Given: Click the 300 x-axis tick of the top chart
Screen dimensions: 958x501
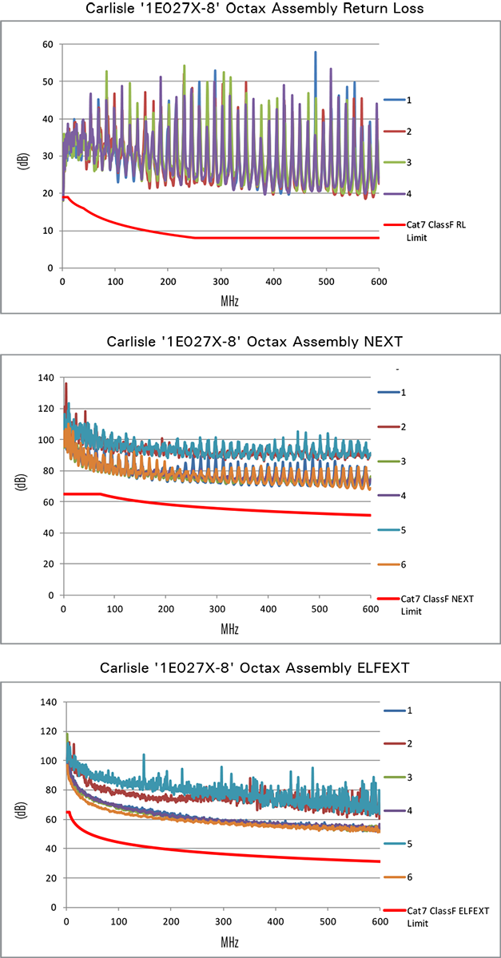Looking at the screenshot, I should [221, 281].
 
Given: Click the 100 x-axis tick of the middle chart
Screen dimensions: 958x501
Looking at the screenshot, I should [114, 609].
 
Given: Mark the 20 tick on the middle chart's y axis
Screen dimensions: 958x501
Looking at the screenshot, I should [48, 564].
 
